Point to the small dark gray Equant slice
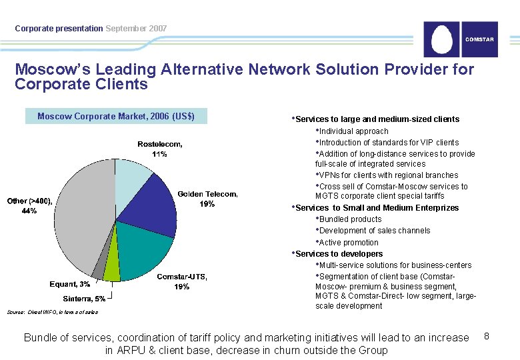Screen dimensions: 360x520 [99, 269]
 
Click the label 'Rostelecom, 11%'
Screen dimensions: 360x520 [159, 149]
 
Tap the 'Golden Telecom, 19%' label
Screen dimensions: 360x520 [207, 199]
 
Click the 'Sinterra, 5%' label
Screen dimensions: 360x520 [84, 298]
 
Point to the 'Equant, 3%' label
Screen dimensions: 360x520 [70, 284]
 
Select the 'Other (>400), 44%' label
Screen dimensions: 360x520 [29, 205]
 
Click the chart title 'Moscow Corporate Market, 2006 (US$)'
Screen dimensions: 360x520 [116, 116]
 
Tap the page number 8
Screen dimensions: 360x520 [487, 336]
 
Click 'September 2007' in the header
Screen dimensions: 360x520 [136, 29]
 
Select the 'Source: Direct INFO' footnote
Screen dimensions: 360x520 [53, 311]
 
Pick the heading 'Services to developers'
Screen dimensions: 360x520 [339, 254]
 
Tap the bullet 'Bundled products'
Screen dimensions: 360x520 [350, 219]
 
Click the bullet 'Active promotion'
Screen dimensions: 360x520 [349, 243]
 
